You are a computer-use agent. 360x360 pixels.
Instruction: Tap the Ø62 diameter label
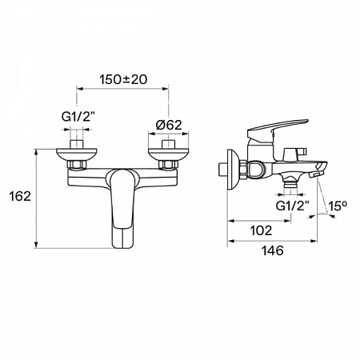pos(168,126)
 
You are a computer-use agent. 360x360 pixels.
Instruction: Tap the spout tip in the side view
pos(319,173)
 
